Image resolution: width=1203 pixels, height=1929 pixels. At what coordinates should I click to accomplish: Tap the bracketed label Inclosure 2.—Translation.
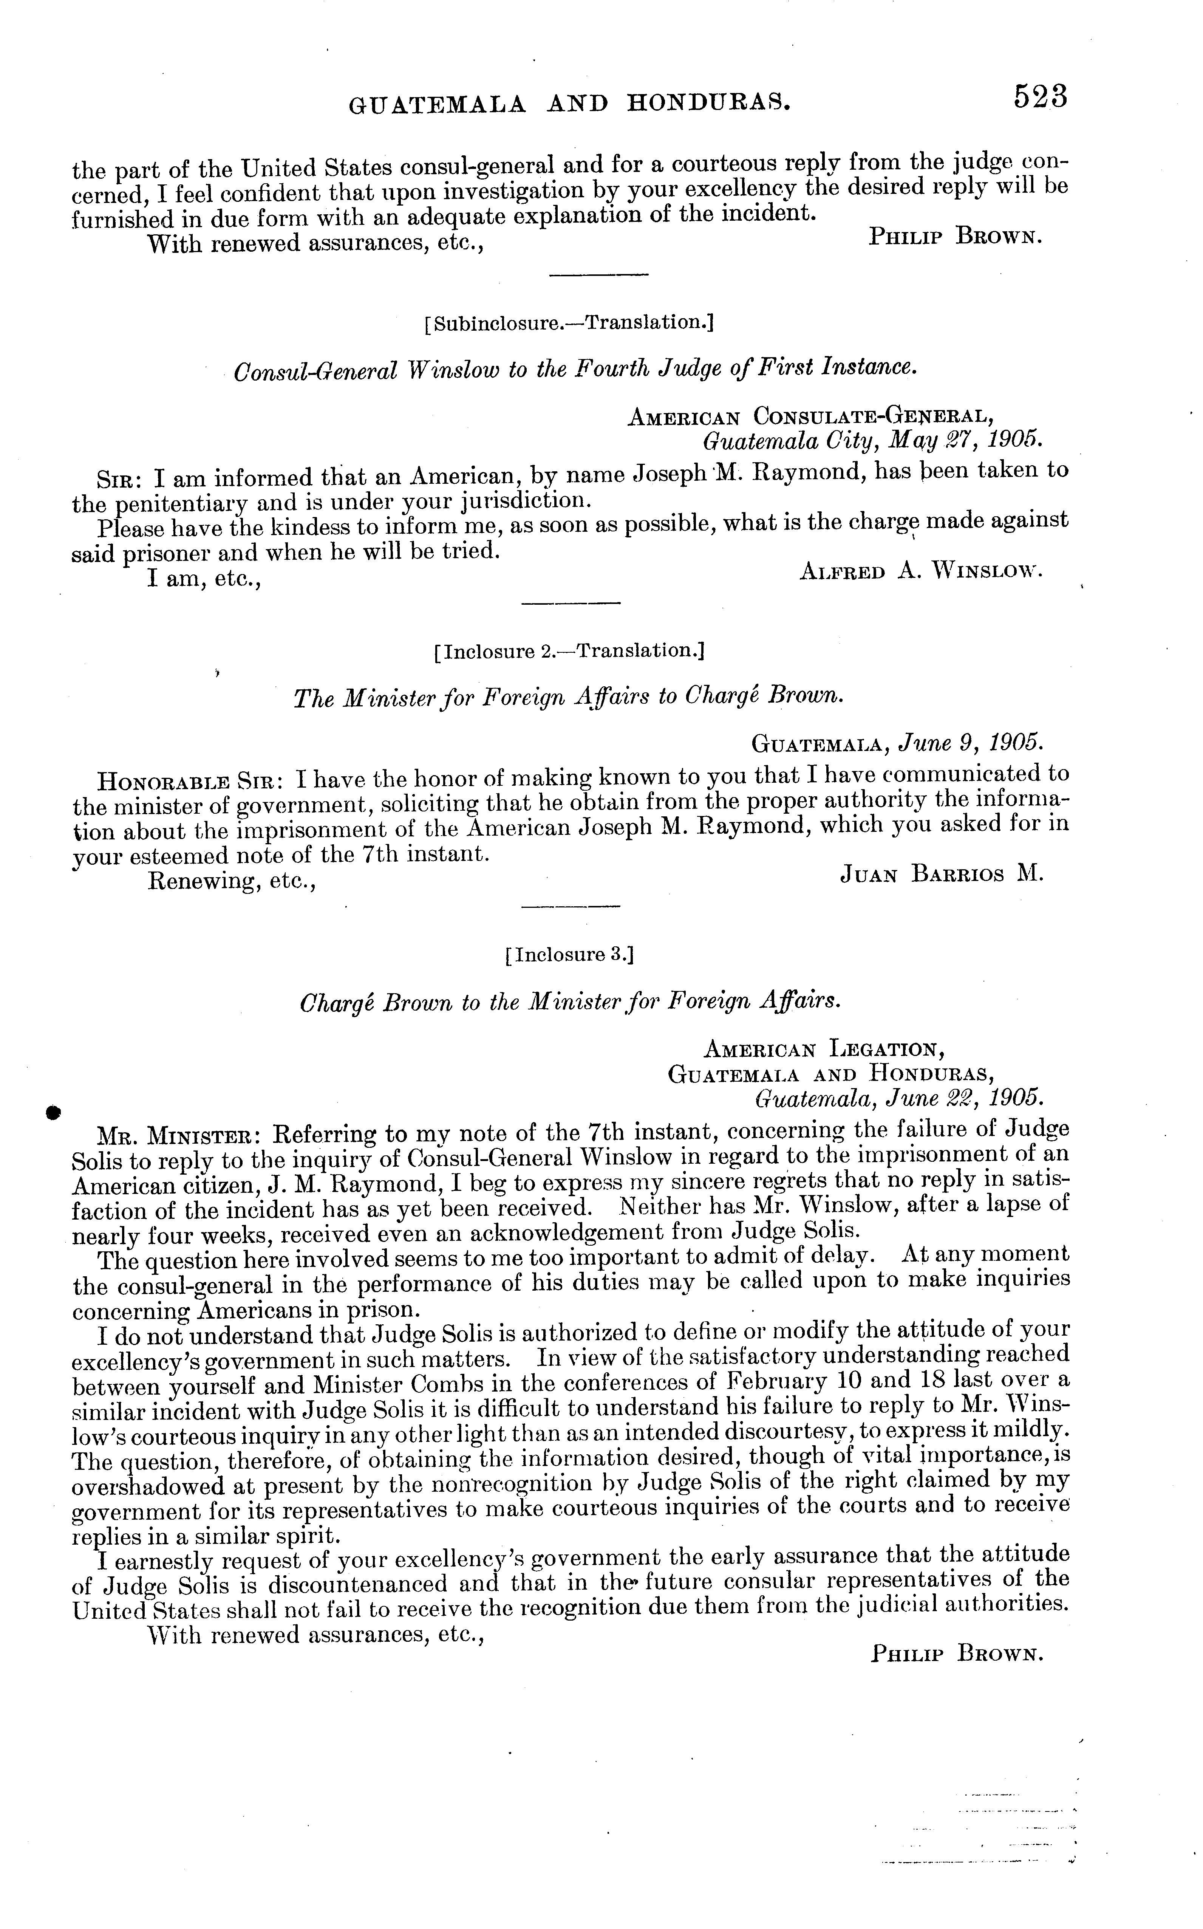click(x=570, y=652)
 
